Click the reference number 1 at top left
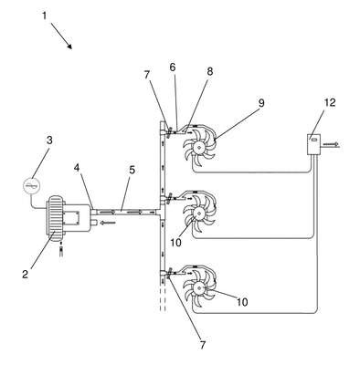pos(45,16)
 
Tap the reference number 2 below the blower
pos(25,274)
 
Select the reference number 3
pos(49,141)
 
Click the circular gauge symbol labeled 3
pos(32,185)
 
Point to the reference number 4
pos(77,168)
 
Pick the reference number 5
pos(132,170)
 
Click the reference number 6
pos(173,68)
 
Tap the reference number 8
pos(209,72)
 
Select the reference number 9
pos(261,103)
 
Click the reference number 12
pos(330,102)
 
